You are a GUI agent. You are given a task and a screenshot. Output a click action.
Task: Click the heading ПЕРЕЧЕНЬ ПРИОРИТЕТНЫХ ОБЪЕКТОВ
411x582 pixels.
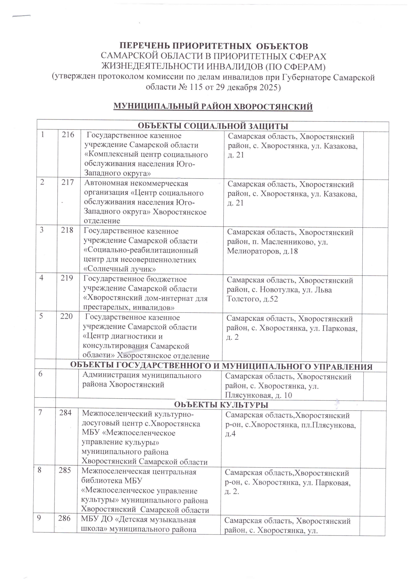(214, 46)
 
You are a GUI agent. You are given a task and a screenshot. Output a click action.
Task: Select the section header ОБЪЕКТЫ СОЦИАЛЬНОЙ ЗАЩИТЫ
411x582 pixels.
(213, 126)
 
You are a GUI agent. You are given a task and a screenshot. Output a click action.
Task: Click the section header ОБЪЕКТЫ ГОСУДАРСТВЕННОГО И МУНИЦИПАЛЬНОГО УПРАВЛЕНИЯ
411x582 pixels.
(221, 366)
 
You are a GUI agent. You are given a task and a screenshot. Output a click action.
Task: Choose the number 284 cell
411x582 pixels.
(65, 413)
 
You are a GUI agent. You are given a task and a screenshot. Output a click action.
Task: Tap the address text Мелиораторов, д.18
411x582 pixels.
(262, 251)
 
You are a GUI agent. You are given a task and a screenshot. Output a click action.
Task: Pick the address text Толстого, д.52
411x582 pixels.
(252, 299)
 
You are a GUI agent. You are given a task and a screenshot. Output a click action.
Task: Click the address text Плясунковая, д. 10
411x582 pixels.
(258, 395)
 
